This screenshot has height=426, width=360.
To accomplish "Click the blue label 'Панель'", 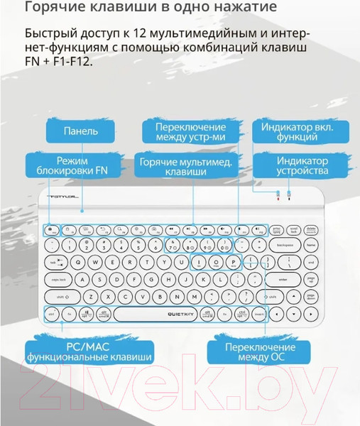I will pos(80,131).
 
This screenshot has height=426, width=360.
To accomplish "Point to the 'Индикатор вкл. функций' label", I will pos(302,131).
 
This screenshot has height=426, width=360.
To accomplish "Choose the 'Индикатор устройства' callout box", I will pos(302,165).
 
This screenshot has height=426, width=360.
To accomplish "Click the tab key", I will pos(54,262).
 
